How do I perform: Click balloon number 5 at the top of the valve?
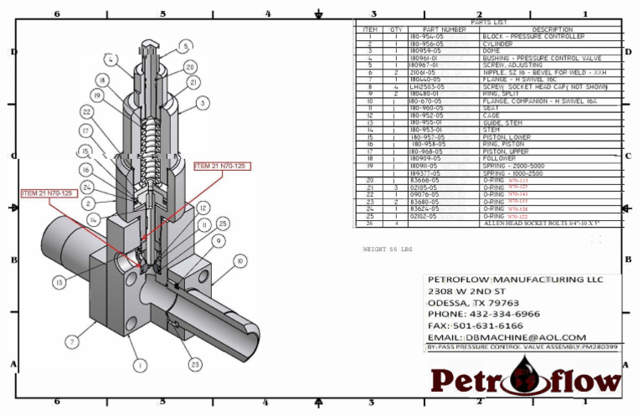point(184,48)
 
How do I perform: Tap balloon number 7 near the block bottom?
point(73,342)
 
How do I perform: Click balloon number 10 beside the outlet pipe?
point(240,262)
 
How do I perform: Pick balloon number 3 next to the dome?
point(201,103)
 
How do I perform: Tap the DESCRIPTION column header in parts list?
point(552,29)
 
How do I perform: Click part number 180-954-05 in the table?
point(428,37)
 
